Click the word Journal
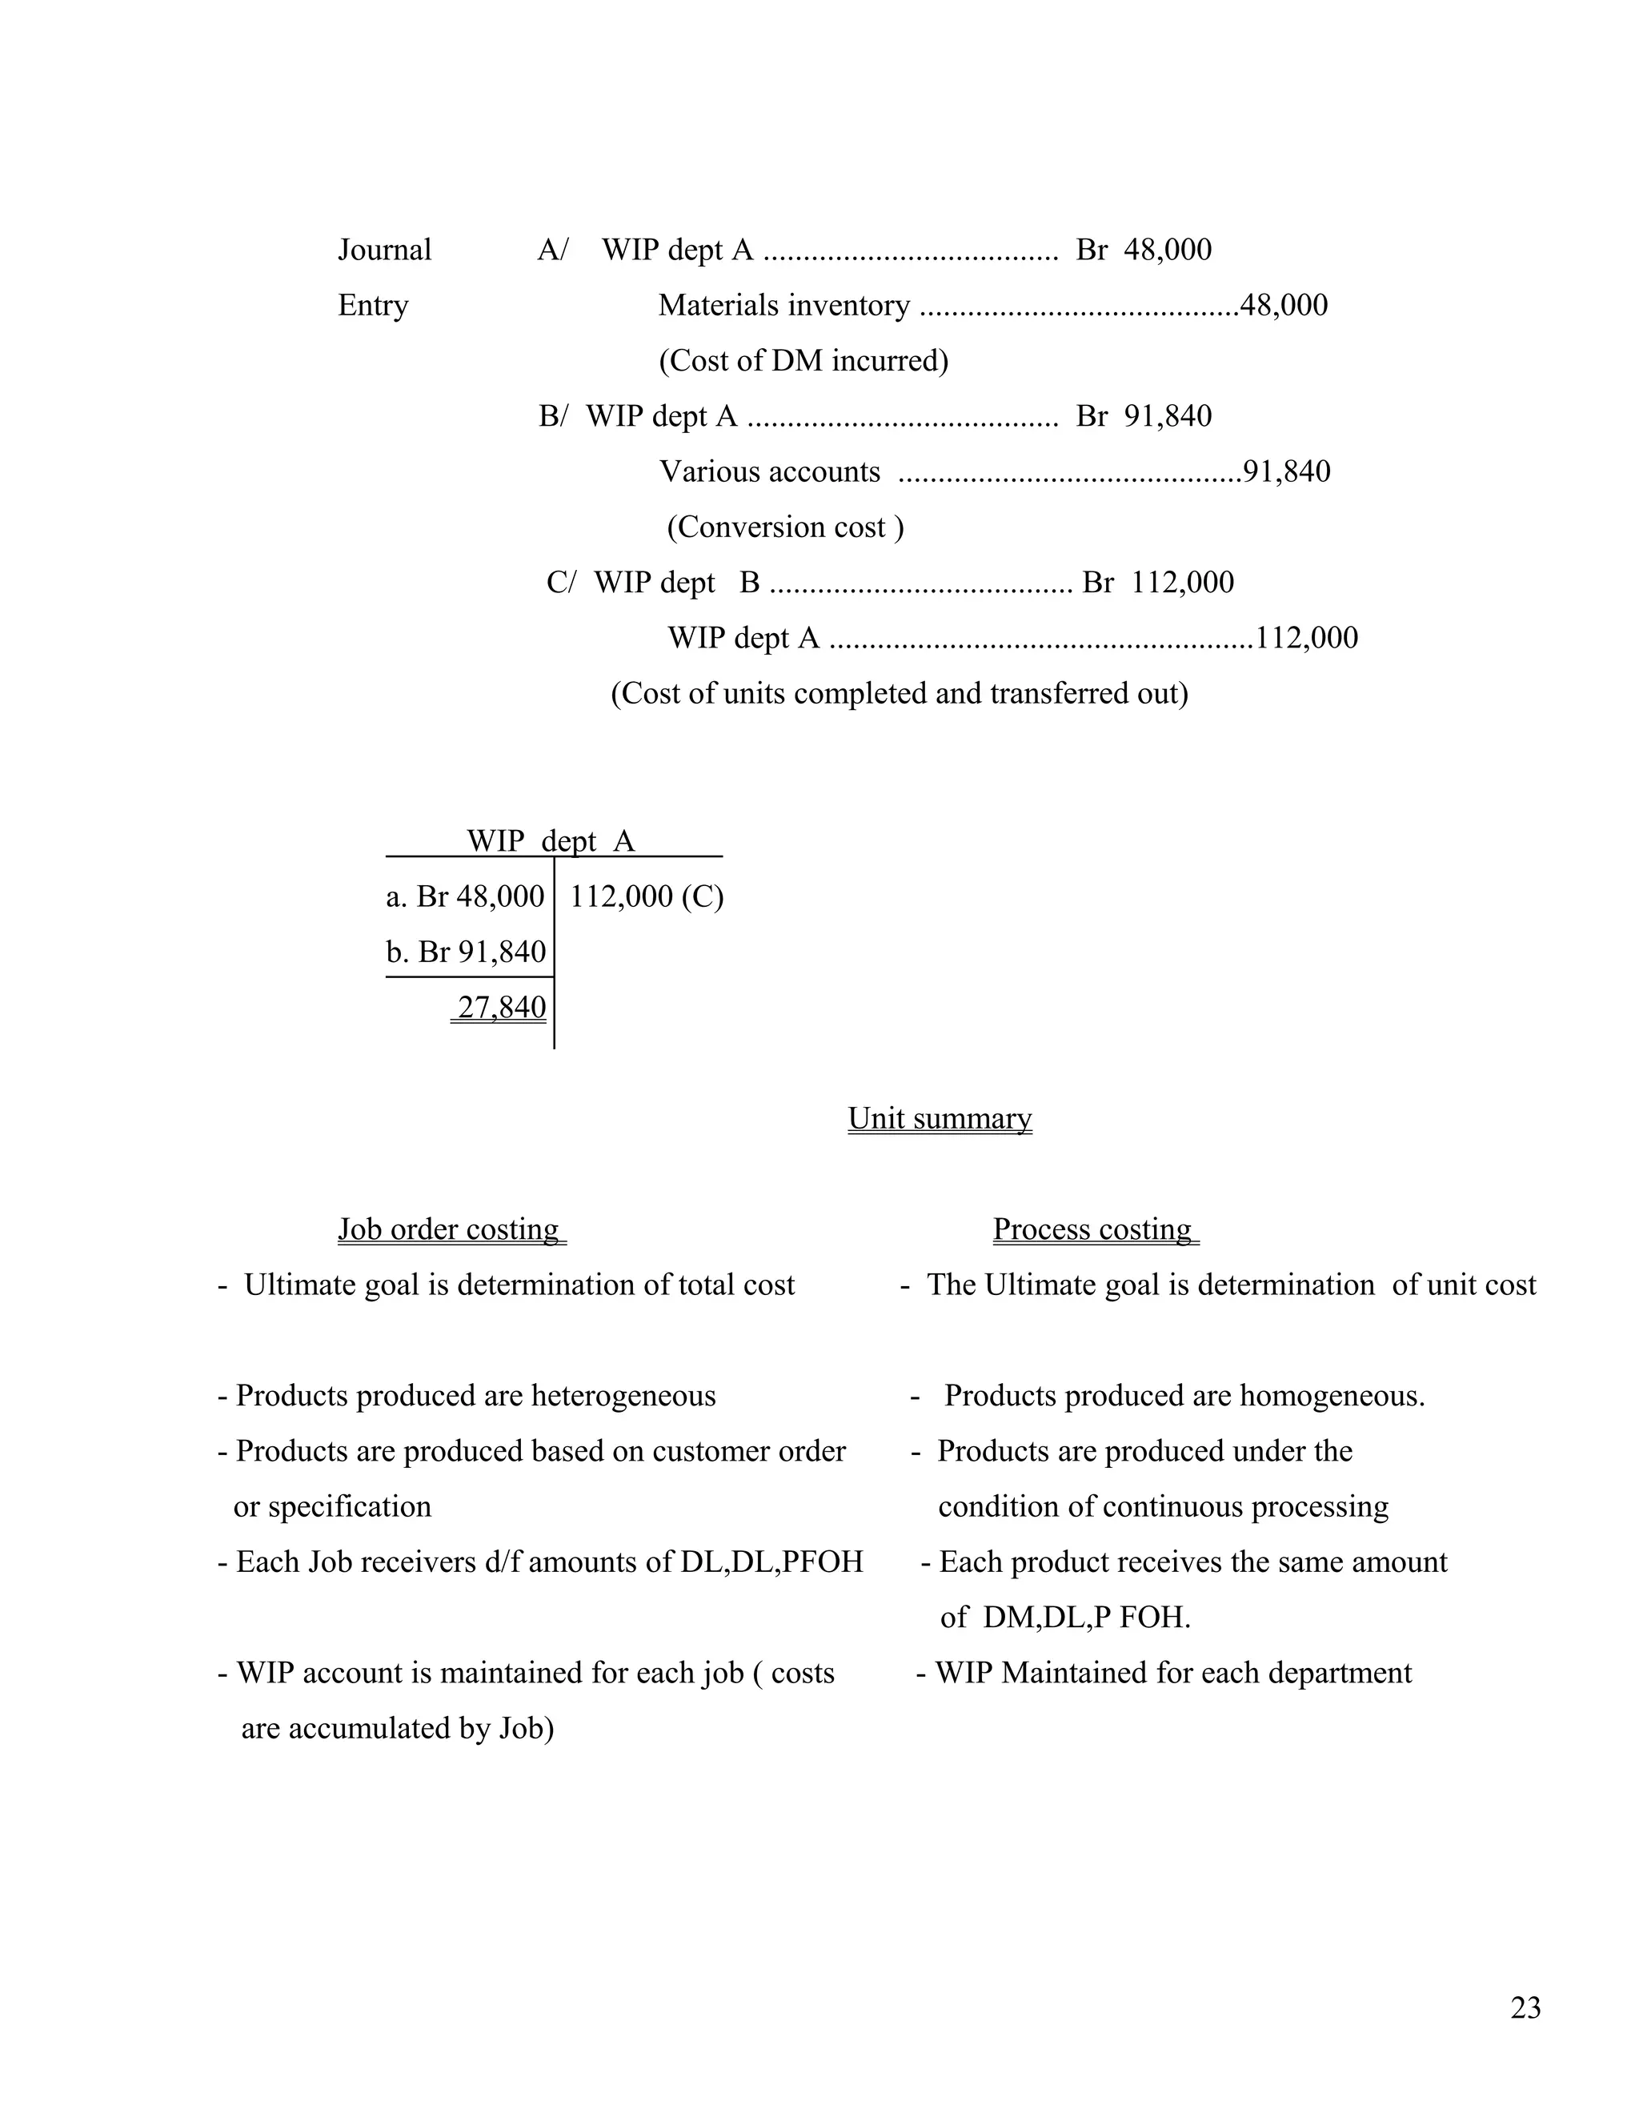pos(384,250)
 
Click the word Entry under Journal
pos(373,305)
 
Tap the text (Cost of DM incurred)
pos(803,360)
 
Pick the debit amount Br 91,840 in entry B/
pos(1144,415)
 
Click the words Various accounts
pos(769,471)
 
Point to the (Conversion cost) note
pos(784,527)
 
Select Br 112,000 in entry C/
pos(1157,582)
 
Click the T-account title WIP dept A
pos(551,840)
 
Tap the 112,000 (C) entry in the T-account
pos(646,896)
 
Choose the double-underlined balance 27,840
pos(501,1007)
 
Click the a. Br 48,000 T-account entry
pos(465,896)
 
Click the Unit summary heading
pos(939,1118)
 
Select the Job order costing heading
pos(449,1229)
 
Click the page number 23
pos(1525,2007)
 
